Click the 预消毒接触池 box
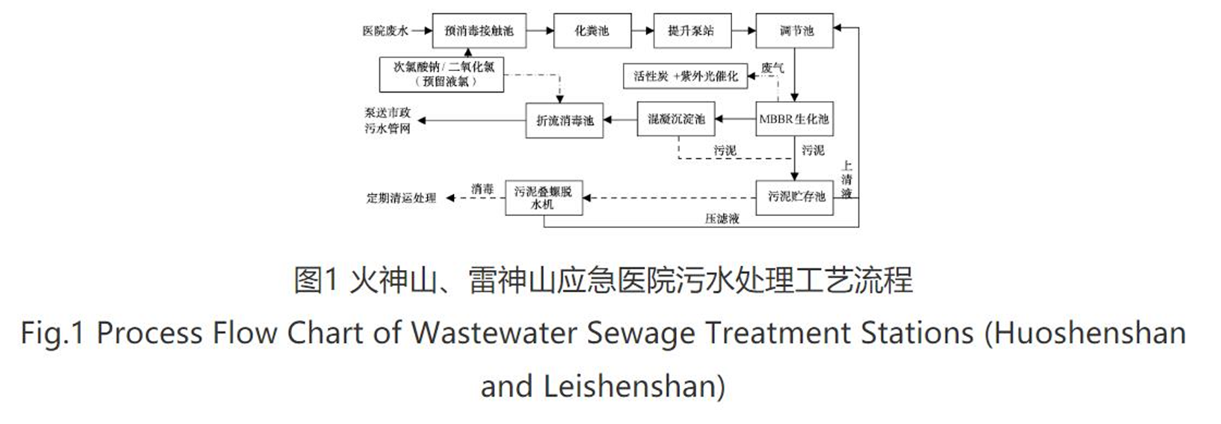[478, 31]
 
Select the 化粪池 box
[591, 31]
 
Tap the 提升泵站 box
[692, 31]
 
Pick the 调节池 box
[794, 31]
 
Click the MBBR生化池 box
[794, 119]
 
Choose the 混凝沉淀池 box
[676, 119]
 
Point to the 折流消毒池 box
[564, 121]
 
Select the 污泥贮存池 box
[794, 197]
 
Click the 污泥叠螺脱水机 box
[543, 197]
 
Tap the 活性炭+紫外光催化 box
[685, 76]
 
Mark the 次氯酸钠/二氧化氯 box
[441, 75]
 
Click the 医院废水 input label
[385, 31]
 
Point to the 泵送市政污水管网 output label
[388, 121]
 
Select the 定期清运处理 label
[401, 198]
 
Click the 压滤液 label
[722, 219]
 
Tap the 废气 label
[773, 67]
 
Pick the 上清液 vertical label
[847, 179]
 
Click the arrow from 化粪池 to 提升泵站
[642, 31]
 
